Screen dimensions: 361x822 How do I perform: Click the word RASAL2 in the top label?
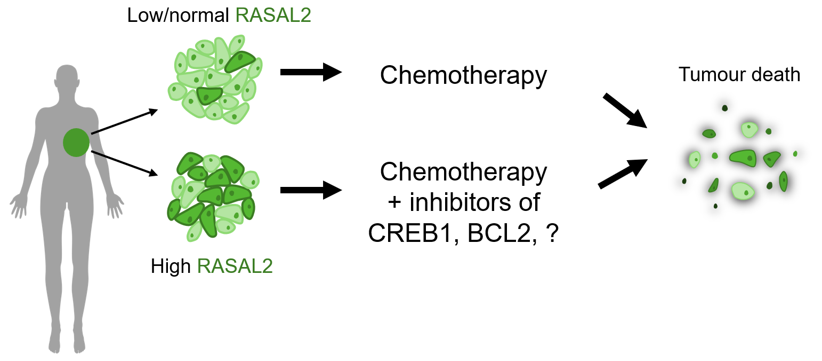pyautogui.click(x=273, y=15)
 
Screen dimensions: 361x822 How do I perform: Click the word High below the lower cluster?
pyautogui.click(x=171, y=266)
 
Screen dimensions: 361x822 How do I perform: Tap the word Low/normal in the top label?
pyautogui.click(x=179, y=15)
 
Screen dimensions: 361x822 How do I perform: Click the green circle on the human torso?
pyautogui.click(x=77, y=143)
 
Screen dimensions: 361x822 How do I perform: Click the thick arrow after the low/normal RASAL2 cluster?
pyautogui.click(x=311, y=72)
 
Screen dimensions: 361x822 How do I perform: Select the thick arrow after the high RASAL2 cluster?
pyautogui.click(x=311, y=190)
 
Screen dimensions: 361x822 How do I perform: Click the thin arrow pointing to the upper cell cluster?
pyautogui.click(x=125, y=122)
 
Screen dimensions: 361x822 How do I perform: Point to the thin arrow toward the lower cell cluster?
pyautogui.click(x=125, y=163)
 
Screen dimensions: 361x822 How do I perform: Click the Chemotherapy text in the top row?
pyautogui.click(x=463, y=76)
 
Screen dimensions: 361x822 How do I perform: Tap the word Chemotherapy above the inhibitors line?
pyautogui.click(x=463, y=172)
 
